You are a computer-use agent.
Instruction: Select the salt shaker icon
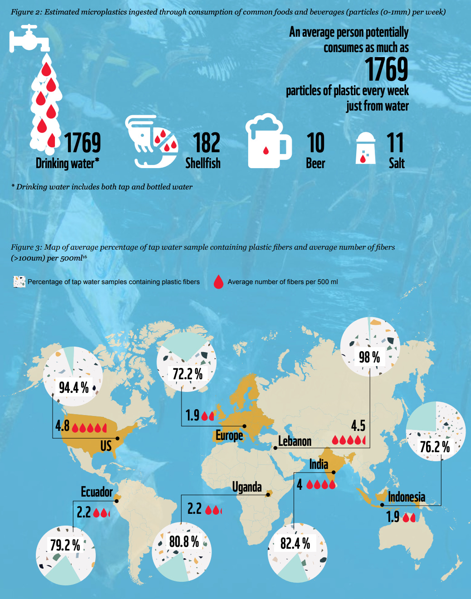[366, 148]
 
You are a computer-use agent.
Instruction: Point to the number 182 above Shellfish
[206, 143]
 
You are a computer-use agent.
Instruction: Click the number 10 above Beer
[316, 143]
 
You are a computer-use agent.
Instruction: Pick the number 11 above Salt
[395, 143]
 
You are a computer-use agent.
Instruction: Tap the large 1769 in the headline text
[387, 69]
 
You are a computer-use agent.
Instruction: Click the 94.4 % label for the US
[74, 387]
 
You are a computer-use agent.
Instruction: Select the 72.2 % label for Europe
[187, 374]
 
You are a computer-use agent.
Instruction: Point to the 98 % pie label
[369, 357]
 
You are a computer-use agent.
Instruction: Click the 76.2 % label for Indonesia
[435, 447]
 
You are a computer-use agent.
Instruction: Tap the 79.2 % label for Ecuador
[65, 545]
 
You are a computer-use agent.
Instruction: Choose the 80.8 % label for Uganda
[184, 541]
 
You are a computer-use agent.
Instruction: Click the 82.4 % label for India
[295, 543]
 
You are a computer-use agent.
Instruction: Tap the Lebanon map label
[294, 441]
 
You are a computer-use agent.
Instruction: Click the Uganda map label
[247, 487]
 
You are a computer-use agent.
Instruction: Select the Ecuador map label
[96, 492]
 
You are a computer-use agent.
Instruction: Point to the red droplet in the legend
[219, 282]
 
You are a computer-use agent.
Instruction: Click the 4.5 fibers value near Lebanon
[358, 425]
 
